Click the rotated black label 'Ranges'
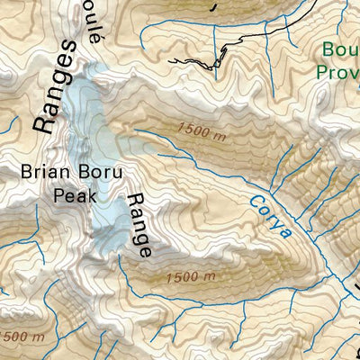tap(52, 87)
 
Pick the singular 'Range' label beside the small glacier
tap(138, 225)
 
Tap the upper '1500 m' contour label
tap(202, 131)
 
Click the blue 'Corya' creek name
tap(271, 217)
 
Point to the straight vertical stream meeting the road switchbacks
tap(215, 40)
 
